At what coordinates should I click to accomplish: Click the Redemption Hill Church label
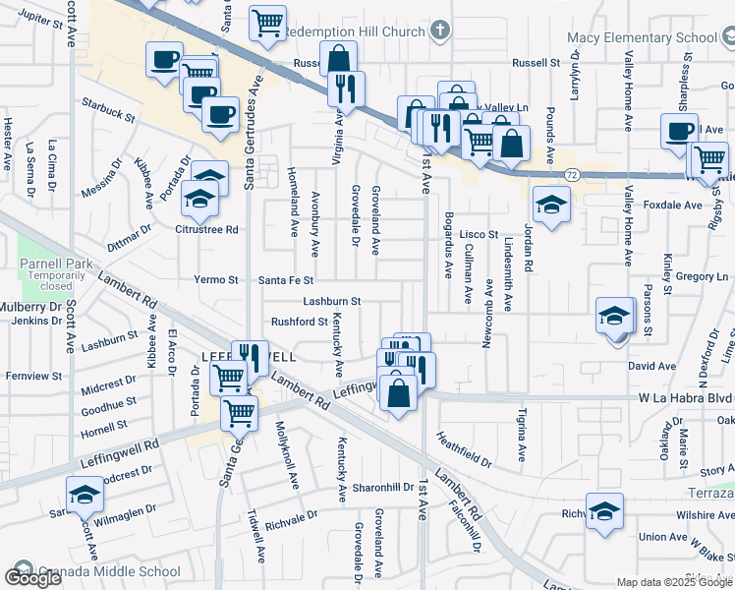coord(355,31)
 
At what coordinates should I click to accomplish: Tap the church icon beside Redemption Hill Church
coord(438,30)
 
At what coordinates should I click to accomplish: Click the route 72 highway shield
coord(570,174)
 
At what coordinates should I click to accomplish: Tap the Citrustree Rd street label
coord(206,230)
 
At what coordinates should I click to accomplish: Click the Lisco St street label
coord(480,234)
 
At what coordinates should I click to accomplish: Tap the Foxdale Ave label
coord(673,206)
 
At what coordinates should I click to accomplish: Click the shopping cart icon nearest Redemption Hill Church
coord(267,24)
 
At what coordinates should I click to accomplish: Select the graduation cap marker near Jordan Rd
coord(551,206)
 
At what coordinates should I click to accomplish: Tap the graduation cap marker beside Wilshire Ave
coord(604,511)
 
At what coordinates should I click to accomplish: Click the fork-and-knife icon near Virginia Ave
coord(346,88)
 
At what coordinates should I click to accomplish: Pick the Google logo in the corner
coord(32,578)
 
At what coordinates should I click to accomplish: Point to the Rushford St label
coord(299,322)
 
